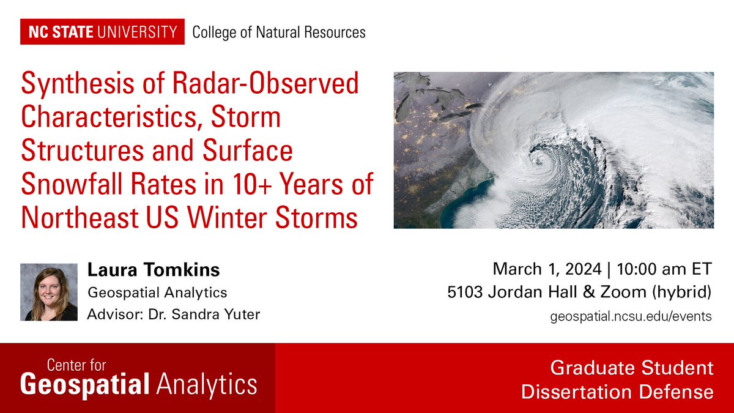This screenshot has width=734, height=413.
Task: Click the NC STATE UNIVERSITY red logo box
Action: pos(102,32)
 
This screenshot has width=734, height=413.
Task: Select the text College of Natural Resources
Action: pos(279,32)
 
